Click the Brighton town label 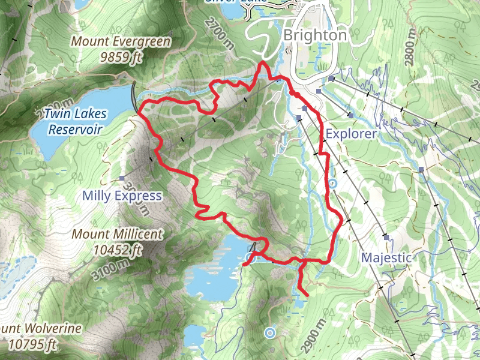[x=315, y=35]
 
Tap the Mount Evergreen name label [x=121, y=42]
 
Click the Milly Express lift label [x=122, y=196]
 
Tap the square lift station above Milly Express [x=122, y=178]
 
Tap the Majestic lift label [x=386, y=257]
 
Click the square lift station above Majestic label [x=386, y=237]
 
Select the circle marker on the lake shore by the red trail [x=250, y=258]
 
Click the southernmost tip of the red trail [x=307, y=295]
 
